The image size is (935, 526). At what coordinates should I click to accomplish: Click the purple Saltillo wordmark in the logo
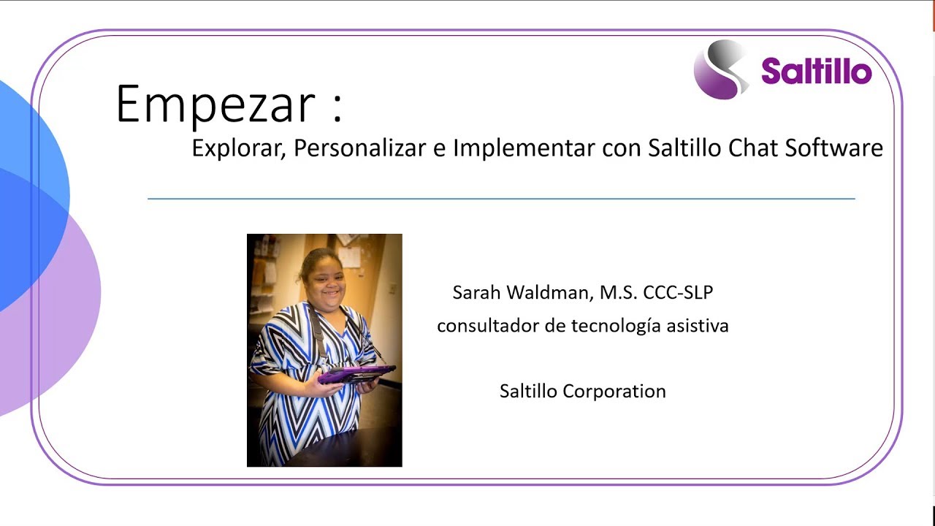pyautogui.click(x=816, y=72)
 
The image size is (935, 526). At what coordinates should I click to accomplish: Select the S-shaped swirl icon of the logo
pyautogui.click(x=721, y=69)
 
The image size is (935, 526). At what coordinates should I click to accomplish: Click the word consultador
pyautogui.click(x=488, y=326)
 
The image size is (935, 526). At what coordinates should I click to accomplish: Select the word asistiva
pyautogui.click(x=698, y=326)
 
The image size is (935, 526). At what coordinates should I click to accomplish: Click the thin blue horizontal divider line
pyautogui.click(x=501, y=198)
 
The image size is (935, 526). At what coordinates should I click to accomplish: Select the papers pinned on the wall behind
pyautogui.click(x=349, y=256)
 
